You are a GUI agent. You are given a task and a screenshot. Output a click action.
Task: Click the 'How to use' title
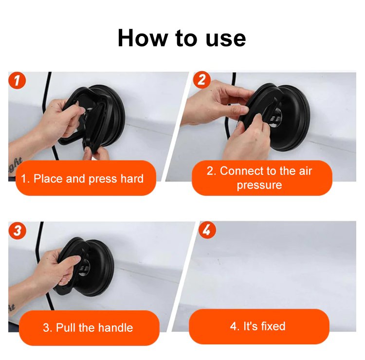pos(182,38)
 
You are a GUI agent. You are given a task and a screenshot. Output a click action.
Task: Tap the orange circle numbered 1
pos(17,80)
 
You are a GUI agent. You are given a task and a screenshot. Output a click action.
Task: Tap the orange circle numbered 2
pos(202,80)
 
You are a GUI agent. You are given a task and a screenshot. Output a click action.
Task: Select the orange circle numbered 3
pos(17,230)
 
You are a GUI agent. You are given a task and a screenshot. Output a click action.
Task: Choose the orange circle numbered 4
pos(207,230)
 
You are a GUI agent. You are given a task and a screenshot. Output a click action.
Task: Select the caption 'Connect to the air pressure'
pos(259,178)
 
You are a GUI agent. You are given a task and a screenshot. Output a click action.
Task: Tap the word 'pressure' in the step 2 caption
pos(259,185)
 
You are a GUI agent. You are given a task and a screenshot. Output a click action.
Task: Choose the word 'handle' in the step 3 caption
pos(116,328)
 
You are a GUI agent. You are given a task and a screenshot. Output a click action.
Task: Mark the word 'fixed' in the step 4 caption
pos(273,326)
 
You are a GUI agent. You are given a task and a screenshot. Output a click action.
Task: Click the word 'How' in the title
pos(143,38)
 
